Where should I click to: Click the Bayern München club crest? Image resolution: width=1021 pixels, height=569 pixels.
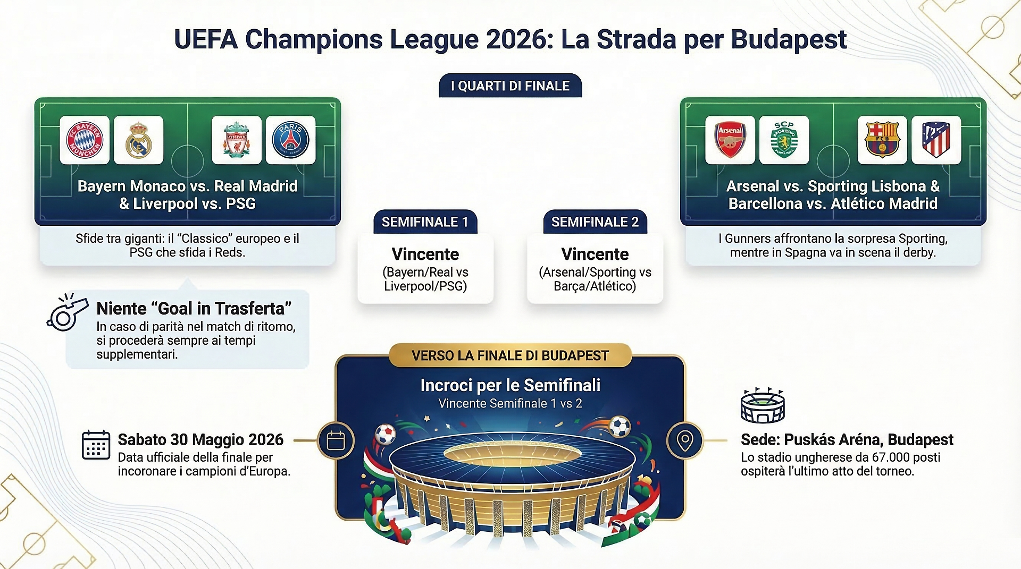coord(85,140)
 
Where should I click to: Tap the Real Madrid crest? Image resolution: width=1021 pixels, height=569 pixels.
coord(139,140)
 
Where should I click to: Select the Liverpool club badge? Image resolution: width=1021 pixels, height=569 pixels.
coord(237,140)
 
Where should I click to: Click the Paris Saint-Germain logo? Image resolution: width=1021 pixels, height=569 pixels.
coord(290,140)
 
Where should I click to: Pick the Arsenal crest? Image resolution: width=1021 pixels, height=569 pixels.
coord(730,140)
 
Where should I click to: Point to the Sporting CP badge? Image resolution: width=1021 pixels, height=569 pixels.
coord(784,140)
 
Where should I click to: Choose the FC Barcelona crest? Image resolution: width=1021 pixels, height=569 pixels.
coord(882,140)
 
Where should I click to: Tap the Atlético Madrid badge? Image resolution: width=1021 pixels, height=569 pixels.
coord(936,140)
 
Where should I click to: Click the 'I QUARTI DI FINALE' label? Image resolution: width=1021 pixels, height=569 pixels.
coord(510,86)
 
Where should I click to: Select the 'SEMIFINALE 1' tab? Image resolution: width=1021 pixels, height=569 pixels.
coord(425,222)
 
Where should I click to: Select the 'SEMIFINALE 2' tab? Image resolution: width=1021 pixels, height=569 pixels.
coord(595,222)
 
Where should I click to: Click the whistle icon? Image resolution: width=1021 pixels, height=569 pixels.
coord(67,312)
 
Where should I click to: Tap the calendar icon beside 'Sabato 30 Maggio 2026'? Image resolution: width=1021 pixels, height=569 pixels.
coord(96,445)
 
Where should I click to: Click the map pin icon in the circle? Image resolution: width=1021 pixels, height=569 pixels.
coord(685,440)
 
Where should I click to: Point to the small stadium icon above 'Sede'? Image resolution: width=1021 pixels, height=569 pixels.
coord(763,405)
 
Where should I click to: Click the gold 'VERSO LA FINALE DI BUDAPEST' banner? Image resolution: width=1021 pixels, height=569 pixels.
coord(510,355)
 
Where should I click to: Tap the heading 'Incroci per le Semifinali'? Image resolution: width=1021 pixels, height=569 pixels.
coord(510,385)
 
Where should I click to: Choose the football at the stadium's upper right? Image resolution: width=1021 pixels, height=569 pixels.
coord(620,426)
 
